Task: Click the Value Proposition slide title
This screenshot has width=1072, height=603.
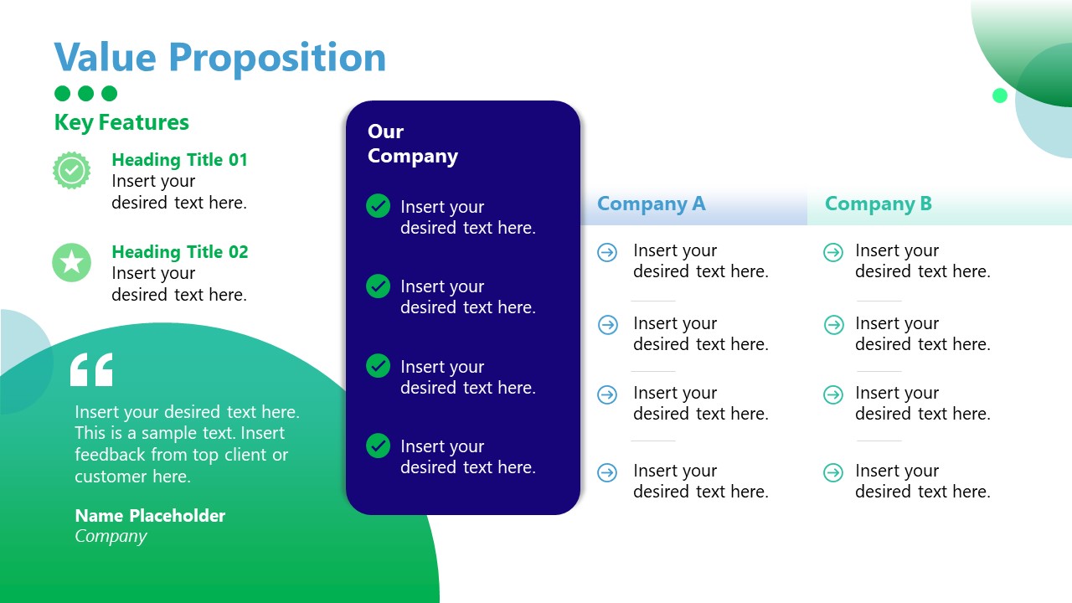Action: click(220, 58)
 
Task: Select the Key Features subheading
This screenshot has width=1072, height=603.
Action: click(121, 122)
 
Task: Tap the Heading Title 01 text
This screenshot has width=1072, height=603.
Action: click(180, 160)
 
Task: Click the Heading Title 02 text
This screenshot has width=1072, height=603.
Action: click(180, 252)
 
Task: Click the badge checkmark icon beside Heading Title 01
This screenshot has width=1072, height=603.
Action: click(72, 171)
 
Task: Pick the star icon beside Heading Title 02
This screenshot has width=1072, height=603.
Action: click(72, 263)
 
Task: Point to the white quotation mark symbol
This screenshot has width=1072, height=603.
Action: click(91, 369)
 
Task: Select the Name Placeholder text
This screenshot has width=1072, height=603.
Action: click(150, 516)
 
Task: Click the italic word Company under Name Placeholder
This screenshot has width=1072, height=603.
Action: click(111, 537)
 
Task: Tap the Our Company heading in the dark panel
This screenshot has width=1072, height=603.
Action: click(412, 144)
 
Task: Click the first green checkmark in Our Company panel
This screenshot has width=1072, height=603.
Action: click(379, 206)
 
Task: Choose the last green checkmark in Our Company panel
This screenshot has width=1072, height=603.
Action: click(379, 446)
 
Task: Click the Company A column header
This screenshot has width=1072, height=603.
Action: click(651, 204)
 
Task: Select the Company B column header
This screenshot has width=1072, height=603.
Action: click(878, 204)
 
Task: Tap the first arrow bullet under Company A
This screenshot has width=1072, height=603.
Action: click(607, 252)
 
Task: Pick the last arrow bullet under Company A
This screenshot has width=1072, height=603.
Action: click(607, 473)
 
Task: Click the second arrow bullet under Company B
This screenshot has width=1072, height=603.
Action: click(833, 325)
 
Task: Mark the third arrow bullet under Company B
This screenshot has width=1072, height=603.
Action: click(833, 394)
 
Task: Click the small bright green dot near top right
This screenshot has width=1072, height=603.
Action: click(999, 95)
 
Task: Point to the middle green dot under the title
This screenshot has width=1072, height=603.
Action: click(85, 94)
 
